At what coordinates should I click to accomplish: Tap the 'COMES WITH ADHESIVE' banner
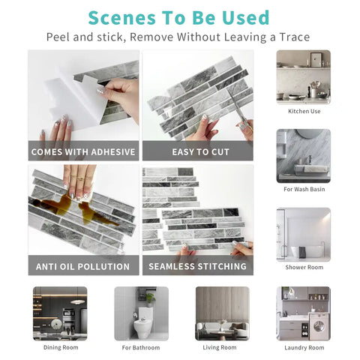(x=83, y=151)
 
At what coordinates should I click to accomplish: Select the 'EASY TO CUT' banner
(x=197, y=151)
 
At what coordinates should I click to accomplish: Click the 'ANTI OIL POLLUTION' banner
(x=83, y=266)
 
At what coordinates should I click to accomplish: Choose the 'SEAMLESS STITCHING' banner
(x=197, y=266)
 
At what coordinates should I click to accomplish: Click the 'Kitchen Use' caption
(x=304, y=111)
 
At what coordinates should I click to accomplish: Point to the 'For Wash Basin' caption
(x=304, y=189)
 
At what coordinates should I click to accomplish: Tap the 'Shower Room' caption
(x=304, y=268)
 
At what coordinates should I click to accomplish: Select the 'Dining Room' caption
(x=60, y=347)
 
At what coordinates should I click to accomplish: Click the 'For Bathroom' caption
(x=141, y=347)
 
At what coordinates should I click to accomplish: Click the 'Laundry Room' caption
(x=304, y=347)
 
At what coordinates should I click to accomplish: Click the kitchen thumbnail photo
(x=303, y=76)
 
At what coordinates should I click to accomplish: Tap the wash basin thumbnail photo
(x=303, y=155)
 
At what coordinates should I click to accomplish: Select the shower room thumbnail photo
(x=303, y=234)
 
